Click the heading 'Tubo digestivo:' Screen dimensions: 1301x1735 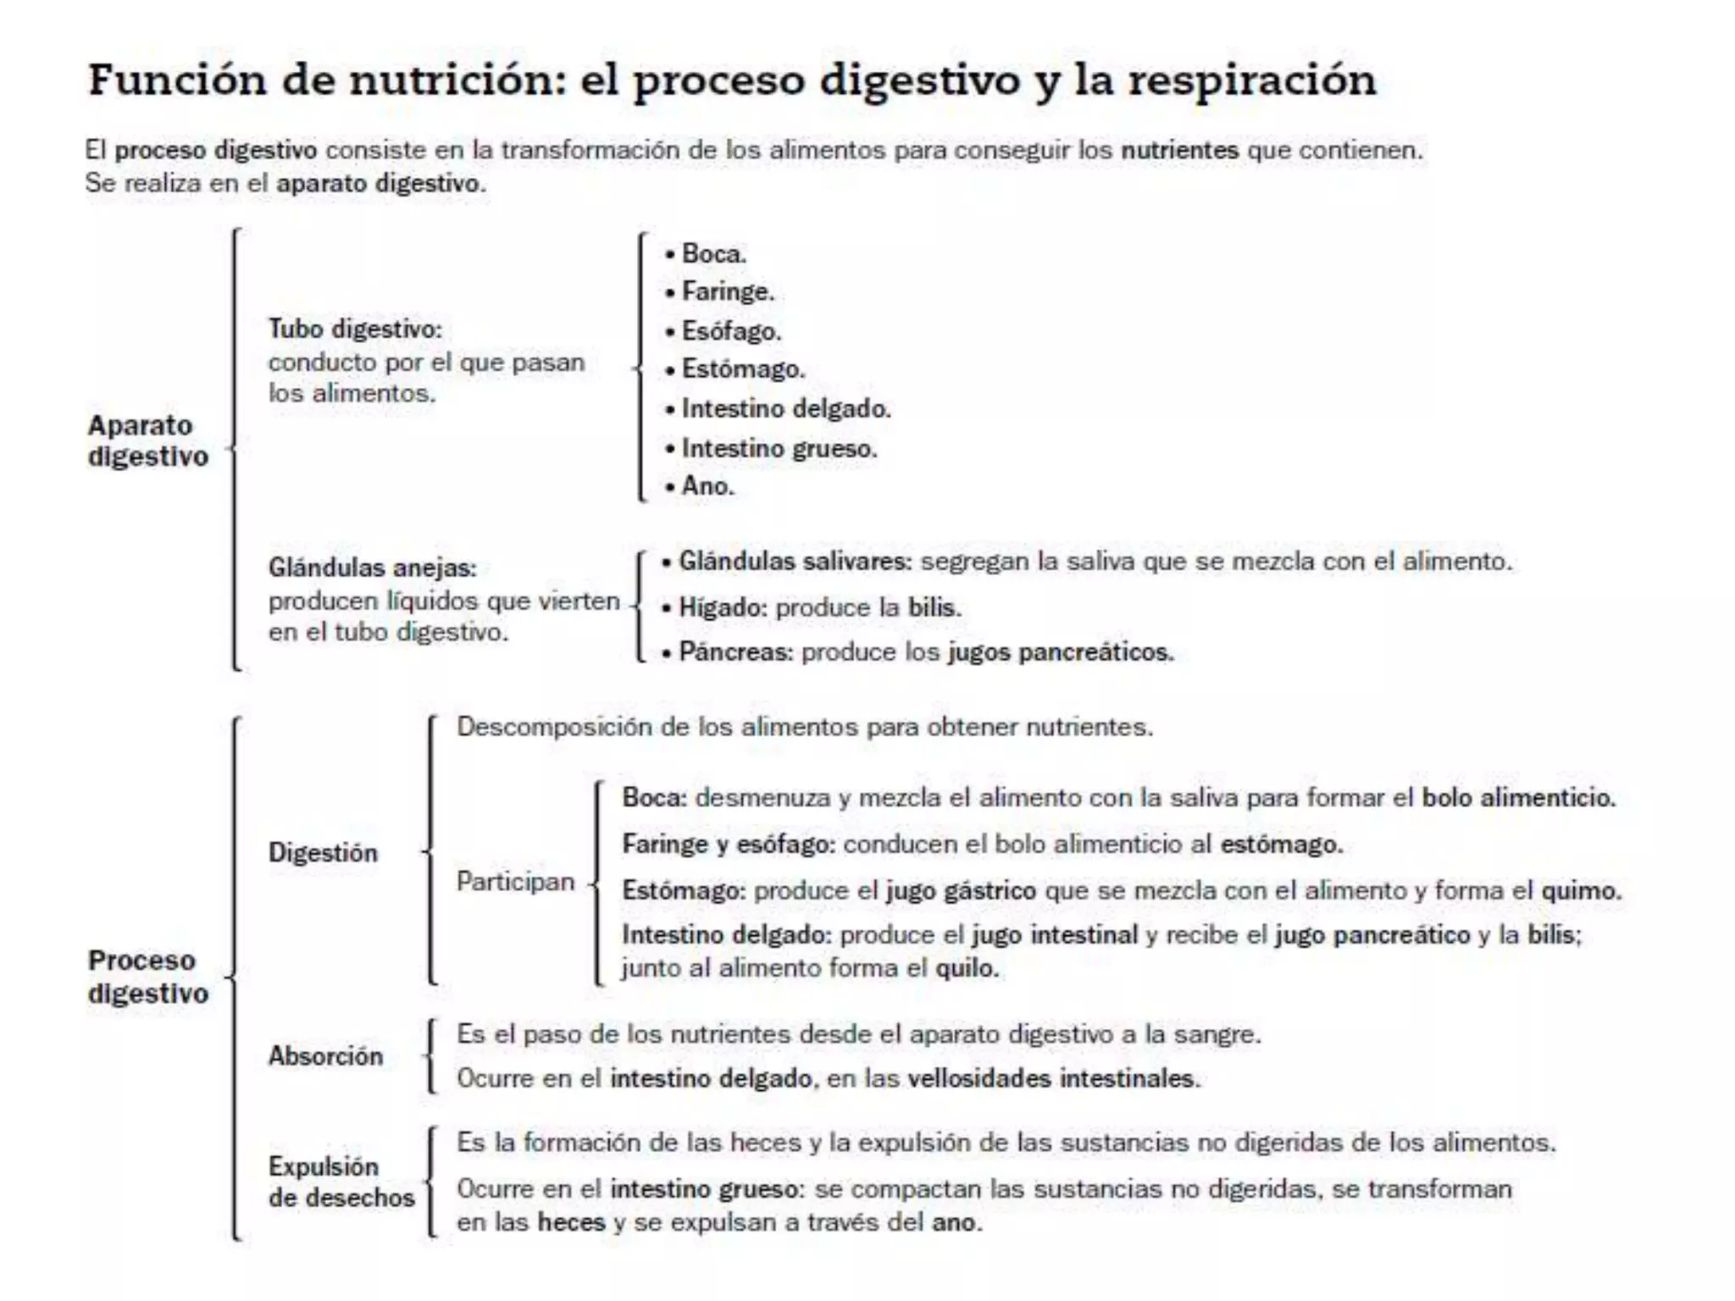click(x=355, y=329)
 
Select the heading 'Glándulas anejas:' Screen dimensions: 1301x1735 click(x=373, y=567)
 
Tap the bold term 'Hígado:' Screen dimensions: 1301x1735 click(x=723, y=608)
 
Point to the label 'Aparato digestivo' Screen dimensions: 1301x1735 click(x=147, y=440)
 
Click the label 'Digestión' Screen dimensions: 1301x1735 click(x=323, y=852)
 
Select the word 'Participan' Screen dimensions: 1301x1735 click(x=515, y=882)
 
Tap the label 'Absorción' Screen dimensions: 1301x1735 click(x=325, y=1056)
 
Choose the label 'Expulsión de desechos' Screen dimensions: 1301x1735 click(x=341, y=1182)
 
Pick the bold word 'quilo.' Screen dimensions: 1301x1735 click(x=967, y=968)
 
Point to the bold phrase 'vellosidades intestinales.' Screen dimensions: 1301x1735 click(x=1054, y=1079)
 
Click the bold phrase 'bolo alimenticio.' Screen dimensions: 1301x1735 click(x=1518, y=798)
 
